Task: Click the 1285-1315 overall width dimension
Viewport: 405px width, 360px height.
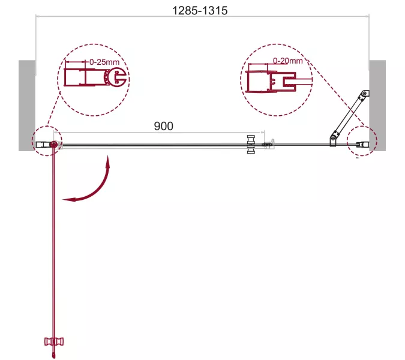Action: click(x=200, y=11)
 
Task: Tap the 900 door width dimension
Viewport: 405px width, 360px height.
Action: click(x=163, y=126)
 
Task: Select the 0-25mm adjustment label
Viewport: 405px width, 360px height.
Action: click(x=104, y=62)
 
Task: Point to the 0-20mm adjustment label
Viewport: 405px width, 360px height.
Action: click(x=288, y=61)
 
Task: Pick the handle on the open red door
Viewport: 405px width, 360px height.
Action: click(x=54, y=341)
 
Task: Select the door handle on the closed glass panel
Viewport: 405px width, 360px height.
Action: click(x=251, y=144)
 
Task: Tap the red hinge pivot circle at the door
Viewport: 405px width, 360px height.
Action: click(x=54, y=145)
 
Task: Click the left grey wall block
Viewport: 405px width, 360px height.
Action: click(x=27, y=106)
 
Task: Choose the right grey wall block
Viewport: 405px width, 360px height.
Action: click(x=377, y=106)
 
